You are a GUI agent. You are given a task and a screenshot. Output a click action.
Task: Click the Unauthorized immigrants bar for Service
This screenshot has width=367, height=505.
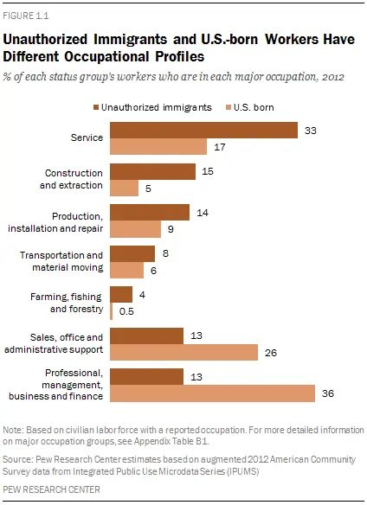coord(204,130)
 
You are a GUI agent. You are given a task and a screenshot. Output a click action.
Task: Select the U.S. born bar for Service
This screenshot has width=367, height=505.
coord(158,147)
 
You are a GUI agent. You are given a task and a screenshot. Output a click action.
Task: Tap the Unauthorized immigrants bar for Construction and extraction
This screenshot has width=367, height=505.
coord(153,171)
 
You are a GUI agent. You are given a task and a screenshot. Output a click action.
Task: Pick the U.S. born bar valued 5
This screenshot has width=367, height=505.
coord(125,188)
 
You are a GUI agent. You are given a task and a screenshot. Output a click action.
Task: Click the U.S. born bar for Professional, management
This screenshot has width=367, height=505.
coord(213,393)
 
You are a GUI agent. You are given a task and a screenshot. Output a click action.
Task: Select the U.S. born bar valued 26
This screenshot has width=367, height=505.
coord(184,352)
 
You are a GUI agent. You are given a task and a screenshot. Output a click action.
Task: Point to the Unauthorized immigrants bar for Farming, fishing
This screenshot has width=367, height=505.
coord(121,294)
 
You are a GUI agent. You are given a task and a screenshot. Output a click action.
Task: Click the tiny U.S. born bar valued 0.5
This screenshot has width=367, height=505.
coord(112,310)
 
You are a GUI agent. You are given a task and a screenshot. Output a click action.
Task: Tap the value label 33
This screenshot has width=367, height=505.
coord(309,130)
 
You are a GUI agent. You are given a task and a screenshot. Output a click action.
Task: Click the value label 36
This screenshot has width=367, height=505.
coord(327,393)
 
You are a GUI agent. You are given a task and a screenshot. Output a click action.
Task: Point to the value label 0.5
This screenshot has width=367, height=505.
coord(126,310)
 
